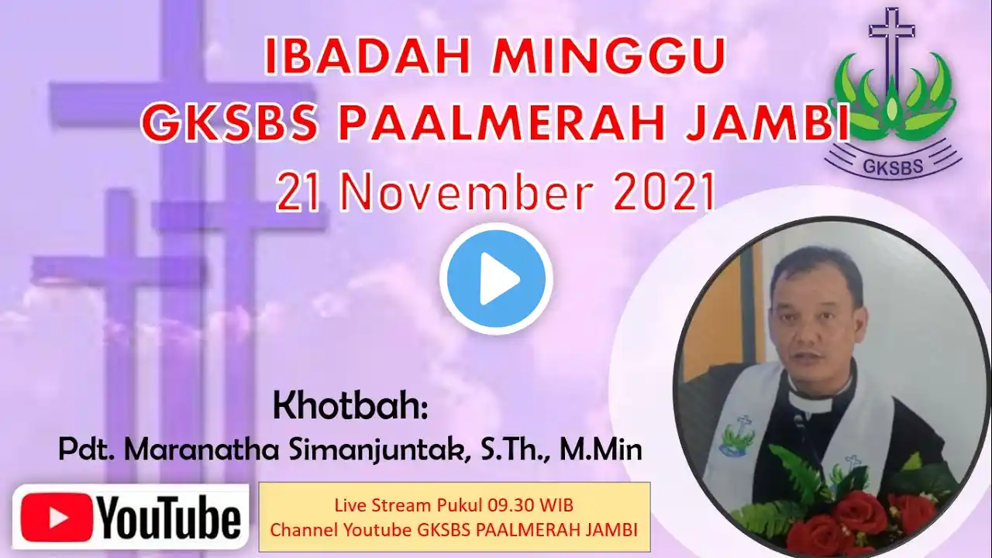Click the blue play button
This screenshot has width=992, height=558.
click(x=496, y=278)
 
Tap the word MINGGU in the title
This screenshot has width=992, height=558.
click(x=608, y=57)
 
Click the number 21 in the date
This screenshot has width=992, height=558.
click(x=298, y=194)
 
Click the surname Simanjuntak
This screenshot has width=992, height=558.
click(x=379, y=452)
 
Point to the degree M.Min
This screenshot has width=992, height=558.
click(x=601, y=450)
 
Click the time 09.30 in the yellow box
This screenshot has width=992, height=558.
click(x=508, y=505)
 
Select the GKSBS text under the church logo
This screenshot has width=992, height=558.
click(x=893, y=166)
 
